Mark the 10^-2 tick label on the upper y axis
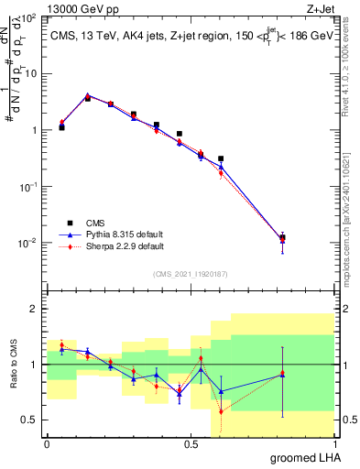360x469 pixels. click(x=27, y=244)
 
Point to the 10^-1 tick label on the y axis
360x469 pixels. click(x=27, y=187)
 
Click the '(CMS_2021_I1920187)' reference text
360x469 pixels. click(x=190, y=274)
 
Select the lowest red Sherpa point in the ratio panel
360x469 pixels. click(x=221, y=411)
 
